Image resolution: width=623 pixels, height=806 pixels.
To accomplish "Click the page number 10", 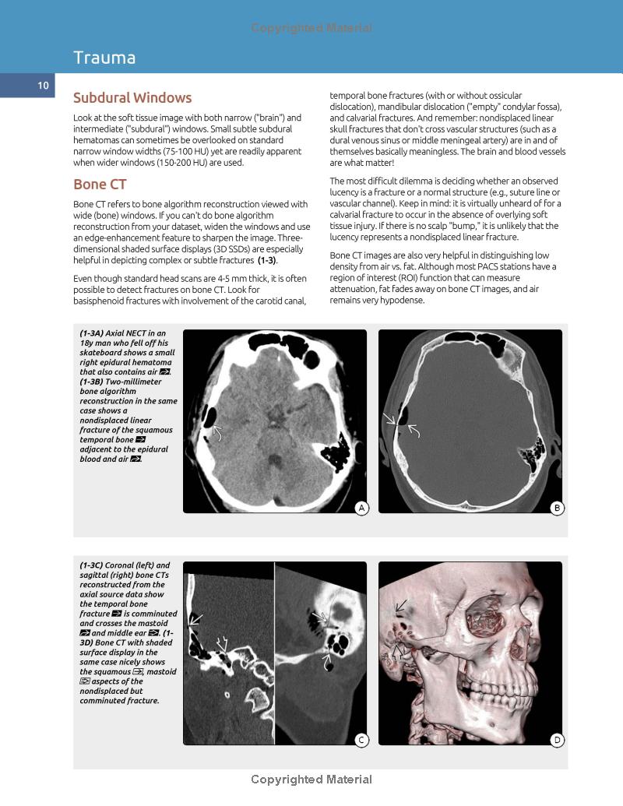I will [43, 86].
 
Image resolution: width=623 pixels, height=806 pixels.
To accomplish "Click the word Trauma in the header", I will [104, 58].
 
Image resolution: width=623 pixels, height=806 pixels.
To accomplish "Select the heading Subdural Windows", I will [132, 98].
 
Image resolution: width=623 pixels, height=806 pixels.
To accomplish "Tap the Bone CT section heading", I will [100, 185].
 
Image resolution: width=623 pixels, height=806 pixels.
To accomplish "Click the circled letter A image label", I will [361, 509].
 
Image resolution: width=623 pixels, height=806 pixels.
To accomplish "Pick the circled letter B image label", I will [557, 509].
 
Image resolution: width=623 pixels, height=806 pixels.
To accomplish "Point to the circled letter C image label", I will [361, 740].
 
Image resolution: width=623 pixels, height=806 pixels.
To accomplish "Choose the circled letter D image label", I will [557, 740].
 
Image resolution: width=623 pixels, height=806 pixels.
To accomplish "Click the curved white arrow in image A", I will [218, 432].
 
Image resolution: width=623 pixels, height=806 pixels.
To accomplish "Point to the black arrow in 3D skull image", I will [400, 605].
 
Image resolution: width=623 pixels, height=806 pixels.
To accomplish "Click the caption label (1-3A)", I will [95, 333].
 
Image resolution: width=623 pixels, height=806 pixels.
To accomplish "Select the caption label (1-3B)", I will [95, 382].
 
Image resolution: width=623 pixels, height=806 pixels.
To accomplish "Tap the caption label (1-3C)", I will [95, 565].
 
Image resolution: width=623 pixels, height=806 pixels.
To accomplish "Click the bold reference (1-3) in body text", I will [266, 260].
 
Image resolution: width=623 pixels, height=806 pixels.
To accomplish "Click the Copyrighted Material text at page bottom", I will [311, 780].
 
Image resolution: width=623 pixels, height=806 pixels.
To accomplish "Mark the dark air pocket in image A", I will [208, 417].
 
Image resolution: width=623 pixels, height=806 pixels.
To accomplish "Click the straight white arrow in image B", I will [390, 421].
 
